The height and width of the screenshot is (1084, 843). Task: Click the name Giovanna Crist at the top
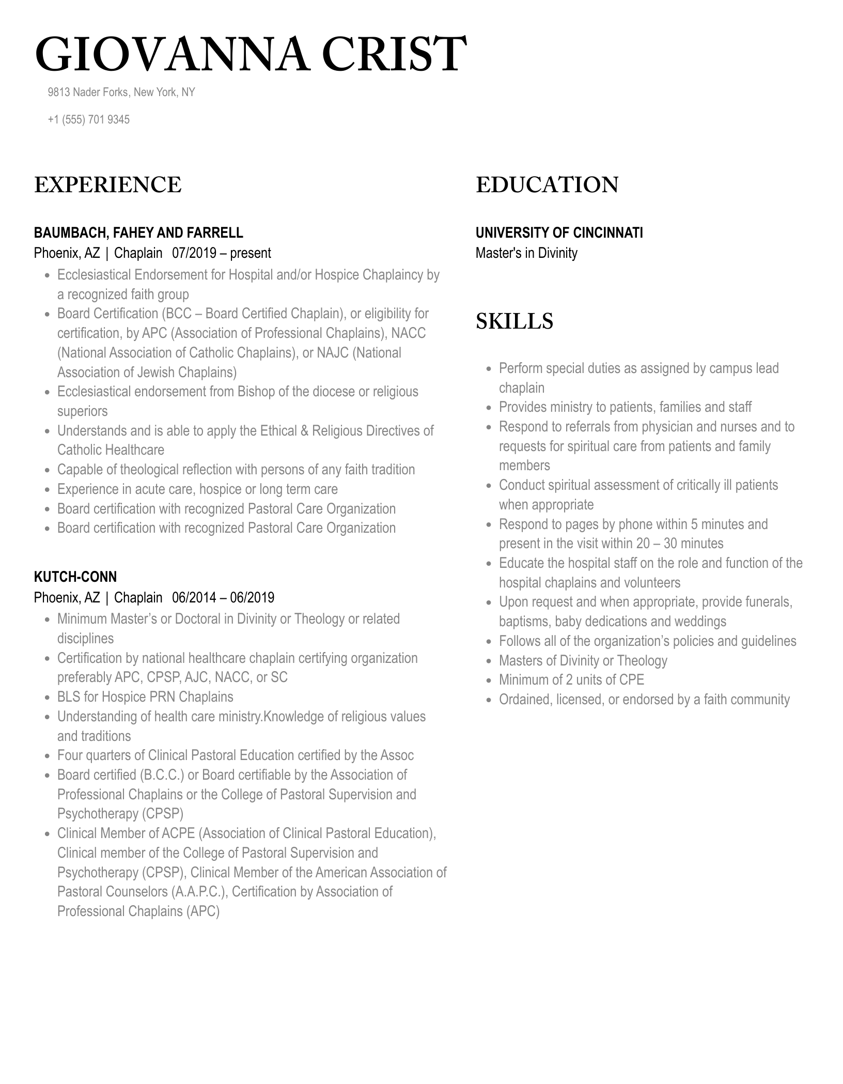pyautogui.click(x=251, y=54)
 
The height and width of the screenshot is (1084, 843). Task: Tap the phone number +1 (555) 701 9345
pyautogui.click(x=88, y=119)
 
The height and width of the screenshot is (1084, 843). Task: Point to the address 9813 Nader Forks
pyautogui.click(x=121, y=92)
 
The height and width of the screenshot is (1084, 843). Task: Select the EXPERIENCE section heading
pyautogui.click(x=107, y=185)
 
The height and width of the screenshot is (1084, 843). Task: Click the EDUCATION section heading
pyautogui.click(x=547, y=185)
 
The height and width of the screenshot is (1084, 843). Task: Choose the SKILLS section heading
pyautogui.click(x=514, y=321)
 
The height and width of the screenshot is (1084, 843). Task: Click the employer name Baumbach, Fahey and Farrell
pyautogui.click(x=138, y=233)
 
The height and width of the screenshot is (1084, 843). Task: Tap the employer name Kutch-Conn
pyautogui.click(x=75, y=577)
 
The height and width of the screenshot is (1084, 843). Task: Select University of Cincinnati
pyautogui.click(x=559, y=233)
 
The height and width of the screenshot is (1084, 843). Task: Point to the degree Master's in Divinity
pyautogui.click(x=526, y=253)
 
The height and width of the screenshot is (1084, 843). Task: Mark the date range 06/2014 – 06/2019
pyautogui.click(x=223, y=597)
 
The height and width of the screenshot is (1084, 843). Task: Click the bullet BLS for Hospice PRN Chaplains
pyautogui.click(x=145, y=696)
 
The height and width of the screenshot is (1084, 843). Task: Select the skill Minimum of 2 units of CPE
pyautogui.click(x=571, y=679)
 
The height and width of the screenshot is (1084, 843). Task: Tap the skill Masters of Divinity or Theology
pyautogui.click(x=583, y=660)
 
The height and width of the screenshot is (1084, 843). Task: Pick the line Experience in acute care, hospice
pyautogui.click(x=197, y=489)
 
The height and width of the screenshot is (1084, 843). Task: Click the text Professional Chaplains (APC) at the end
pyautogui.click(x=138, y=911)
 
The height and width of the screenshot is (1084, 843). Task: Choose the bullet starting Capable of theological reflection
pyautogui.click(x=236, y=469)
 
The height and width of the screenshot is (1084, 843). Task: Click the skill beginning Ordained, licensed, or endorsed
pyautogui.click(x=644, y=699)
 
